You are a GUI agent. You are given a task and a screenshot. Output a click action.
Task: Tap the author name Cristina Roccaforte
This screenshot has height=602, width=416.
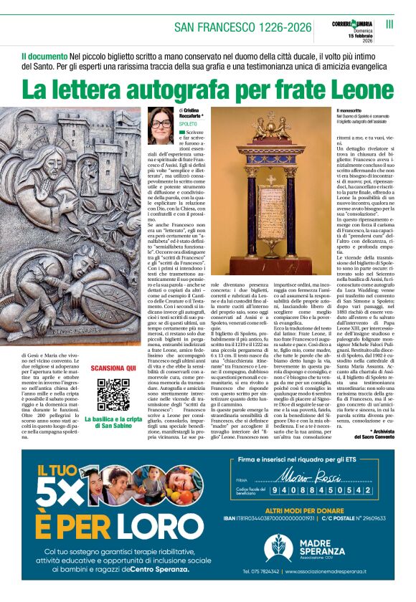click(192, 113)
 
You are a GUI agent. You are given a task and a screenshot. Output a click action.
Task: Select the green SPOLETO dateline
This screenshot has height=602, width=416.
click(188, 124)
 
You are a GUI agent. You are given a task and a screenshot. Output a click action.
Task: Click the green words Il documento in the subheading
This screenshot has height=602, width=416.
click(44, 55)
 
